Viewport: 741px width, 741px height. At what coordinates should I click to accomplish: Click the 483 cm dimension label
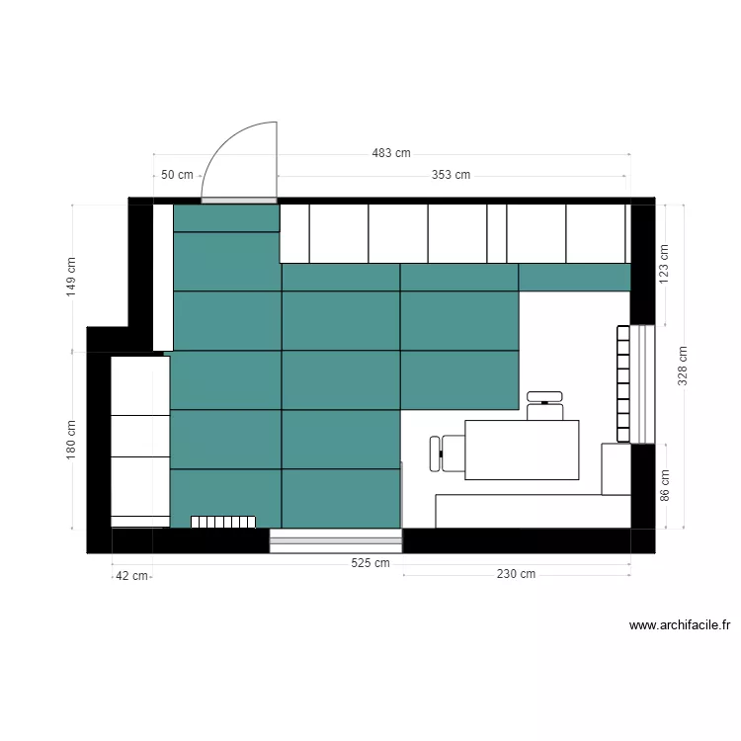(391, 153)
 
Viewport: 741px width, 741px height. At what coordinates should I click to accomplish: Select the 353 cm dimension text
(451, 175)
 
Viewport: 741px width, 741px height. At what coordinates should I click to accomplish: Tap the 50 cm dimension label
(177, 175)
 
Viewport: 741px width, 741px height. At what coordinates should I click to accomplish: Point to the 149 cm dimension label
(70, 278)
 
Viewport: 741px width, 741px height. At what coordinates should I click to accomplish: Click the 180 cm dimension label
(70, 439)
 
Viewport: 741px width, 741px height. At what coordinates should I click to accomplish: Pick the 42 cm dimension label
(131, 575)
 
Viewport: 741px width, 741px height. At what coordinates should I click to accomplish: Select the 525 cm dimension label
(370, 563)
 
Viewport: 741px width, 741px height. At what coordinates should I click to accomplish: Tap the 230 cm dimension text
(516, 574)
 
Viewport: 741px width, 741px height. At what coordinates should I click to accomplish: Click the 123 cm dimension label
(664, 264)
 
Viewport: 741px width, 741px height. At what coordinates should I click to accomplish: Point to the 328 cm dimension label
(682, 366)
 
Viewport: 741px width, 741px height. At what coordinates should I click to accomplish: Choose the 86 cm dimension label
(664, 484)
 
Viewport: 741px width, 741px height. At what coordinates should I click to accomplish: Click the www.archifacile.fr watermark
(680, 624)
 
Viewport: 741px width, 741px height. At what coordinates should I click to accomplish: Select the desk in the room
(522, 450)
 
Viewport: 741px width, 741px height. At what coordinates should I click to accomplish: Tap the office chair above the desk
(545, 405)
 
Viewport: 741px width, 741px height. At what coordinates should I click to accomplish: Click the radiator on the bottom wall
(223, 521)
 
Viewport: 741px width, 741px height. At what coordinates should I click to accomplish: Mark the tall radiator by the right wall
(623, 383)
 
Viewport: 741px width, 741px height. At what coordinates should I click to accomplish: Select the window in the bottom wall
(336, 539)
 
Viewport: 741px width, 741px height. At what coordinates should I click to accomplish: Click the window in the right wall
(643, 383)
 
